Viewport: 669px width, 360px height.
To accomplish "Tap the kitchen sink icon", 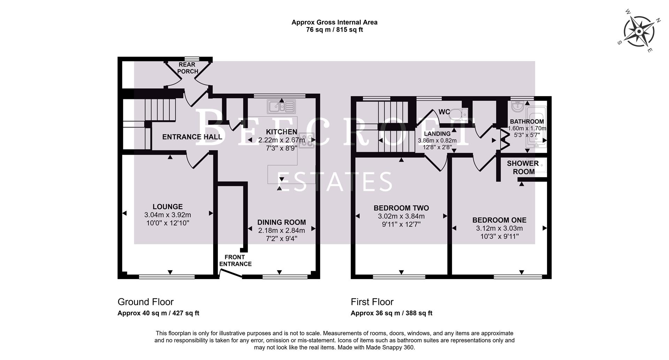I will (x=281, y=107).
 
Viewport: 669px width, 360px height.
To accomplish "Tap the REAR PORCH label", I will (x=187, y=68).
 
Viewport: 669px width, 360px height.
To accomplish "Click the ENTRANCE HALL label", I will (x=192, y=137).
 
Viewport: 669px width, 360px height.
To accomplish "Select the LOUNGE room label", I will (x=168, y=207).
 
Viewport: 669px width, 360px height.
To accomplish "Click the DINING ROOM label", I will (x=282, y=222).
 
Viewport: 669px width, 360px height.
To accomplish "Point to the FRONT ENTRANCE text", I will (x=236, y=261).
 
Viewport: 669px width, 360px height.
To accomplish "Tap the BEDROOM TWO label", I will (x=401, y=208).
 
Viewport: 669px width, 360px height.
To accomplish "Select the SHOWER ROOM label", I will (x=523, y=168).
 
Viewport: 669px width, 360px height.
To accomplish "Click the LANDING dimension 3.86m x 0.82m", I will (x=437, y=141).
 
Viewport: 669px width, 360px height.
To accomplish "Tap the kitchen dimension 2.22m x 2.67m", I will (x=282, y=140).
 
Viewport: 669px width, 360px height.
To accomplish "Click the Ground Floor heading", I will (x=145, y=302).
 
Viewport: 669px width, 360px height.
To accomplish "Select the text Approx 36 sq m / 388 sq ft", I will (x=391, y=313).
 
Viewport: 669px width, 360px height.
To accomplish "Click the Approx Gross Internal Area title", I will (x=334, y=22).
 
